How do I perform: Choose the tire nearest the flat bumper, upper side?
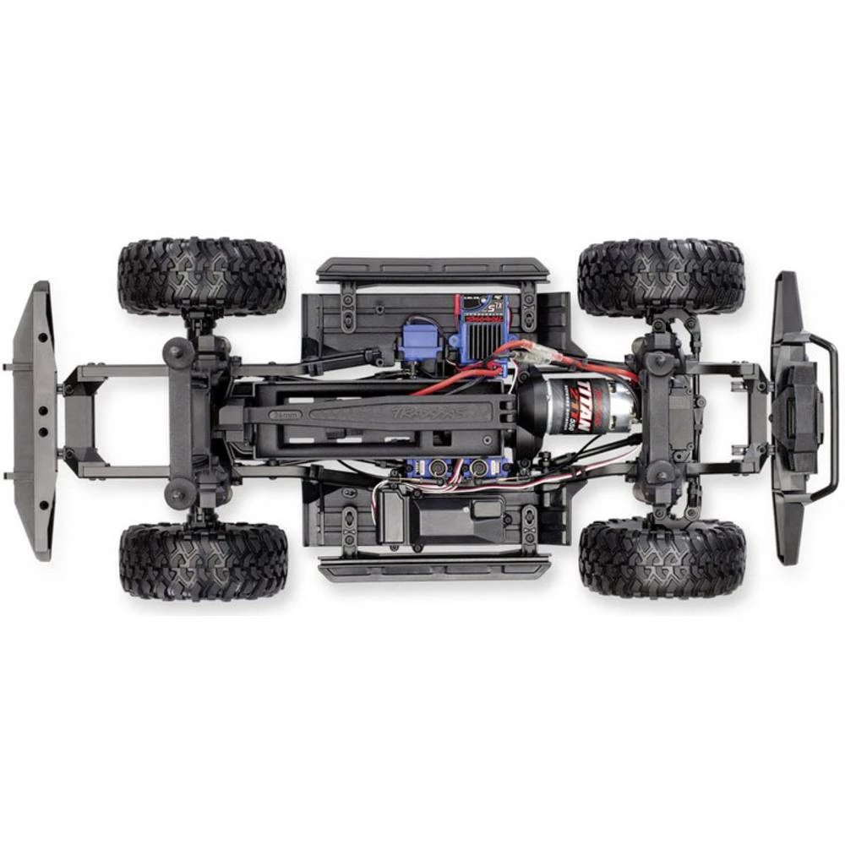(x=201, y=275)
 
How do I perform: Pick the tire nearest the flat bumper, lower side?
(x=203, y=560)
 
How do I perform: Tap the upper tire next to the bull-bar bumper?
(x=661, y=277)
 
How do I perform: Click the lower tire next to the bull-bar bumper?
(x=662, y=558)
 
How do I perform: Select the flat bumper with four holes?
(x=34, y=420)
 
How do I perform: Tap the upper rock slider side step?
(x=433, y=270)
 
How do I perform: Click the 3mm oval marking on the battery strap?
(x=285, y=415)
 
